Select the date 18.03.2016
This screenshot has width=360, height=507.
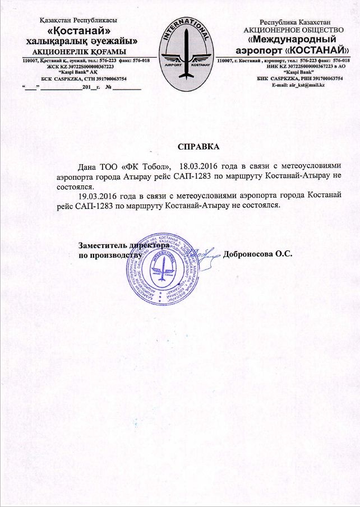tap(199, 166)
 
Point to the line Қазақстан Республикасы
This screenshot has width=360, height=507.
tap(78, 21)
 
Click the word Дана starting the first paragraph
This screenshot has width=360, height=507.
tap(89, 166)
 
